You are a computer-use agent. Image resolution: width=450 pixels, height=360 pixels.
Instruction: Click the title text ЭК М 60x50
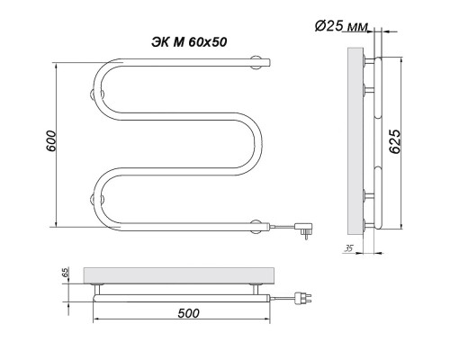(189, 42)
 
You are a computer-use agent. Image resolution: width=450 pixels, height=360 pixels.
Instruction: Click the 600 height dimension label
(51, 141)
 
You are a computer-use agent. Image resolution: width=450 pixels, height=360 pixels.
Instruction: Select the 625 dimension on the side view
(395, 141)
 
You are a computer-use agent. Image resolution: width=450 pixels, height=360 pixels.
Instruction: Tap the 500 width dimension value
(188, 313)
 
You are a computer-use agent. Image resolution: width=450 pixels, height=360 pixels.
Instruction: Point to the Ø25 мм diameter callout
(341, 26)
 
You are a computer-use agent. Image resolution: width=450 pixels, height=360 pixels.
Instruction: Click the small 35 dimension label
(348, 248)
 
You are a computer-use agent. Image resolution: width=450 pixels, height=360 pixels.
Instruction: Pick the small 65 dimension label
(66, 273)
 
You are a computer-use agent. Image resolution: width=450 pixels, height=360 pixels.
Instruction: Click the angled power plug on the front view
(304, 229)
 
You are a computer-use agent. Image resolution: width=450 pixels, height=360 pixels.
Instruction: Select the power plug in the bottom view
(303, 299)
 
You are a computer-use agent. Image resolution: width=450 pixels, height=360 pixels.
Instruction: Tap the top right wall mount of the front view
(256, 63)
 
